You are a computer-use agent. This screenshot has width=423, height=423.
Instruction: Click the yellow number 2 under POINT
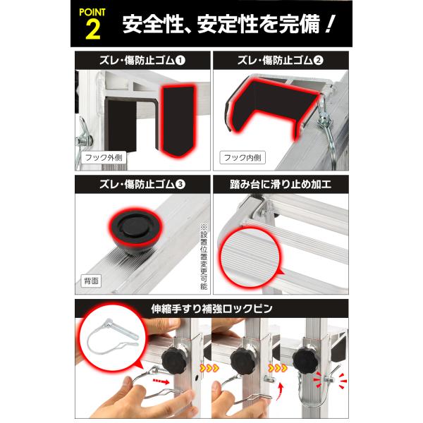pyautogui.click(x=93, y=30)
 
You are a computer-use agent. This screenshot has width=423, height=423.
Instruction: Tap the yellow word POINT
pyautogui.click(x=92, y=13)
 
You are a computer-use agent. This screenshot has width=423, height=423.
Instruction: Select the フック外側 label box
pyautogui.click(x=104, y=158)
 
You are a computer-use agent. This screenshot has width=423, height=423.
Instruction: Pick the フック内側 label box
pyautogui.click(x=243, y=158)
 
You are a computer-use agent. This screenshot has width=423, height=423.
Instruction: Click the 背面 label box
pyautogui.click(x=91, y=281)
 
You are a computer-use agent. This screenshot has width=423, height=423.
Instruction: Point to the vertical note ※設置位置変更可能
pyautogui.click(x=204, y=257)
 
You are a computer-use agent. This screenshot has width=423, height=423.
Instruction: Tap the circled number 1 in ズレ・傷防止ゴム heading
pyautogui.click(x=180, y=61)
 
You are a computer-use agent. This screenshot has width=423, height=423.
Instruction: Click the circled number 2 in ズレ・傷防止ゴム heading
pyautogui.click(x=318, y=61)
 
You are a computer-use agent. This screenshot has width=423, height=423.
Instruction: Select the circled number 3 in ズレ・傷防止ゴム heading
pyautogui.click(x=180, y=185)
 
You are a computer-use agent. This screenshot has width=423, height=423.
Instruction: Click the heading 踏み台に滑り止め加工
pyautogui.click(x=281, y=185)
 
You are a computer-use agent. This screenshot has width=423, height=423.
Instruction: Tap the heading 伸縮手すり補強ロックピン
pyautogui.click(x=211, y=309)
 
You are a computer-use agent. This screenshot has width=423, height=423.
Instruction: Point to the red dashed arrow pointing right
pyautogui.click(x=161, y=381)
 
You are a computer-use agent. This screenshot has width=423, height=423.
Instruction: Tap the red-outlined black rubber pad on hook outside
pyautogui.click(x=178, y=121)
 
